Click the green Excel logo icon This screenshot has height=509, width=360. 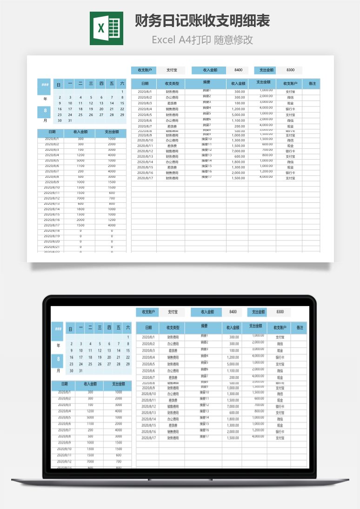106,28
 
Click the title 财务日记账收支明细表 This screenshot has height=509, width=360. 202,21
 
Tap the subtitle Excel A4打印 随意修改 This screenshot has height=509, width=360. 202,40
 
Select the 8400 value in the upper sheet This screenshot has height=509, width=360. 238,70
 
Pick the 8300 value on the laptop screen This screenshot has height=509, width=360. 280,312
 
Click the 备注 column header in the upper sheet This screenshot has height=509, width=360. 312,84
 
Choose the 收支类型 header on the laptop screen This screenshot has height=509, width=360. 172,328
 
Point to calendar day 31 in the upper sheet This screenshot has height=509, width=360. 70,121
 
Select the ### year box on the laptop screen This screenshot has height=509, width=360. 58,330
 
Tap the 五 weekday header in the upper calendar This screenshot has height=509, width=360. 112,84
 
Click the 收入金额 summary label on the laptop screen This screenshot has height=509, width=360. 207,312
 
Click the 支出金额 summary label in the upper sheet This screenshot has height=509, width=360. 265,70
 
